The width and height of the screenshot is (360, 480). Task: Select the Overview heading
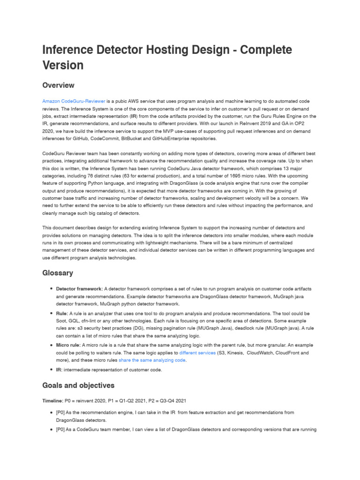(x=58, y=85)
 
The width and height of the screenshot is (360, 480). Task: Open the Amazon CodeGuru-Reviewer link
(x=74, y=101)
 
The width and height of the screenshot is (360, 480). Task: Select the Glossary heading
(x=58, y=273)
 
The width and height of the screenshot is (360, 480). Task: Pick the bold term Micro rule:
(x=68, y=345)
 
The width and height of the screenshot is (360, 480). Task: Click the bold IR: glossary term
(x=60, y=370)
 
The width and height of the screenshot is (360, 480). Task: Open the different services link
(x=197, y=352)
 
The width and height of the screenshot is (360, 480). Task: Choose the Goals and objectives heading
(x=78, y=385)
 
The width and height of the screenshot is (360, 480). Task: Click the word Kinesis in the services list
(x=236, y=352)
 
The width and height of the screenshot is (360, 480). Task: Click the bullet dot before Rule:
(x=51, y=313)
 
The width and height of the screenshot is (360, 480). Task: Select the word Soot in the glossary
(x=62, y=321)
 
